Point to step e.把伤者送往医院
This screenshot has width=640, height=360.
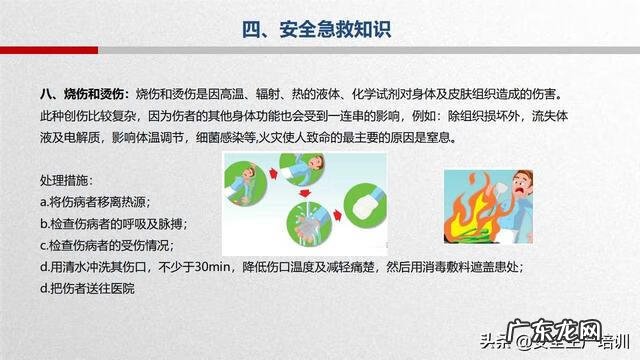click(x=87, y=288)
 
